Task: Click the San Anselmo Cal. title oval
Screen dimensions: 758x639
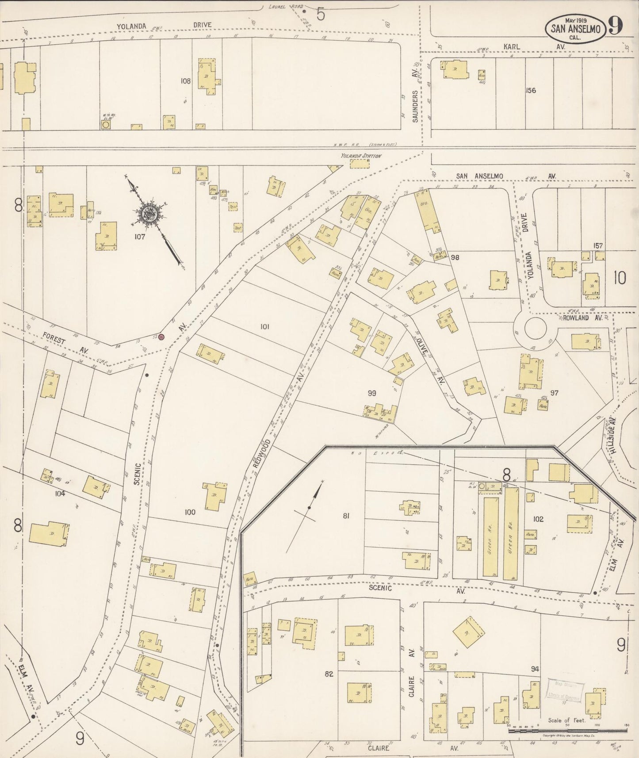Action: [x=575, y=29]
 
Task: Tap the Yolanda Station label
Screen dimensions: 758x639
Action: [x=360, y=156]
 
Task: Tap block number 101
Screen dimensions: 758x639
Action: [x=264, y=327]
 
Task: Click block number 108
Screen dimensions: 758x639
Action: [x=185, y=81]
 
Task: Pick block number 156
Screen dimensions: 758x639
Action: [x=531, y=90]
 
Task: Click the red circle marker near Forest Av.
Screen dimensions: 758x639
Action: [x=161, y=337]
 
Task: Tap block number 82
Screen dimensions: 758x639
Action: [x=329, y=674]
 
